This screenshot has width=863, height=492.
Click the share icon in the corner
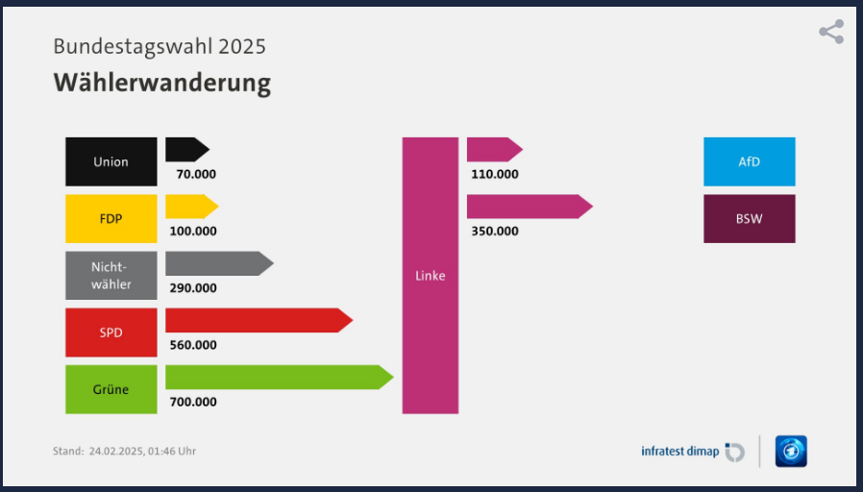pos(831,32)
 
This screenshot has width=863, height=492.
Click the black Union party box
pos(111,161)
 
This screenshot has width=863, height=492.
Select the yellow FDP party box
pos(111,218)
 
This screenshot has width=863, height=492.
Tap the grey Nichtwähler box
pos(111,276)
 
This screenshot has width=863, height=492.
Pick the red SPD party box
pos(111,332)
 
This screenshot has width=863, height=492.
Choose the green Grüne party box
pos(111,389)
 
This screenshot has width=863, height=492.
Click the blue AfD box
pos(749,161)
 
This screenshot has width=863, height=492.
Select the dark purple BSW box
pos(749,218)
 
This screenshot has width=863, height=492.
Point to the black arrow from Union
pos(185,149)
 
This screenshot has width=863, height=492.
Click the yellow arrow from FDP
pos(190,206)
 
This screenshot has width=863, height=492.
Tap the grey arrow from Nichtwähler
pos(217,263)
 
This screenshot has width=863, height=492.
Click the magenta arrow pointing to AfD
pos(493,149)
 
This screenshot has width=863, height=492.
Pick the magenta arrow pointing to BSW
pos(528,206)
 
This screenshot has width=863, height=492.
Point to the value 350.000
pos(495,231)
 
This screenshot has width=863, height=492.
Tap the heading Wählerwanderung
pos(161,83)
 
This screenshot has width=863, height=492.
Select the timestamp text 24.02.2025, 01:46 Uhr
pos(142,451)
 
